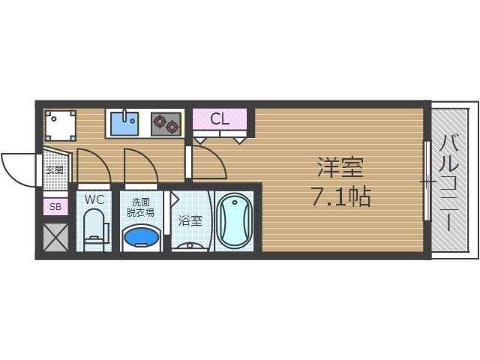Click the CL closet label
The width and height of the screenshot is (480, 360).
[x=219, y=118]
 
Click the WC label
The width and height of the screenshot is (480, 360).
[x=94, y=199]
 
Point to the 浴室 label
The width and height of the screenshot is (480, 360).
[x=190, y=220]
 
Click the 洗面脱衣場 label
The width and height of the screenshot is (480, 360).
[x=141, y=207]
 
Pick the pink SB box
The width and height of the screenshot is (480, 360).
[x=55, y=207]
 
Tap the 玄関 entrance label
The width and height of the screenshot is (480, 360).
[x=55, y=169]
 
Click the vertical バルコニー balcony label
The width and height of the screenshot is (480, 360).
[x=450, y=180]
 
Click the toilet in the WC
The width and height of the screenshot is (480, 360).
[x=94, y=229]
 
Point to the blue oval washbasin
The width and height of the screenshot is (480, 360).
[x=141, y=238]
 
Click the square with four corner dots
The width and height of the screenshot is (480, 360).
[x=60, y=125]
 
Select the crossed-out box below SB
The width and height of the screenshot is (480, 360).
[x=55, y=238]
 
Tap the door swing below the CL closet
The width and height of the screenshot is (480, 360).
[x=208, y=161]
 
